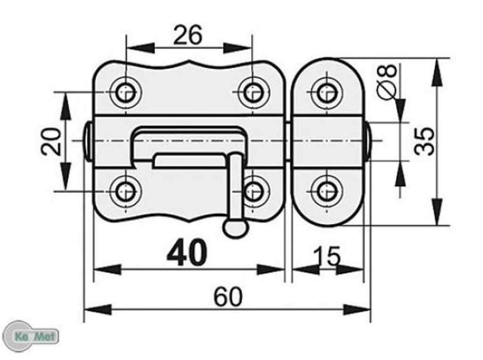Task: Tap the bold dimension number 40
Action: (x=187, y=253)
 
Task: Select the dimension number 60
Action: (x=228, y=296)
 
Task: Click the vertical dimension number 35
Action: (x=424, y=141)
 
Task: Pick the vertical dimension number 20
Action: (x=51, y=142)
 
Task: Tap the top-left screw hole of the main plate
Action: (x=126, y=92)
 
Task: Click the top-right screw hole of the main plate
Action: (x=252, y=92)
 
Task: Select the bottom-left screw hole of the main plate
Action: (x=126, y=191)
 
